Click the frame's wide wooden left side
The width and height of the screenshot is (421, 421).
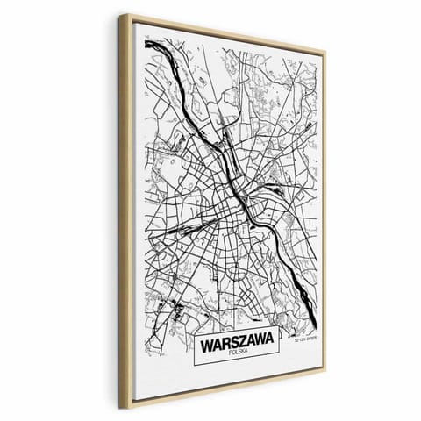tap(132, 210)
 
